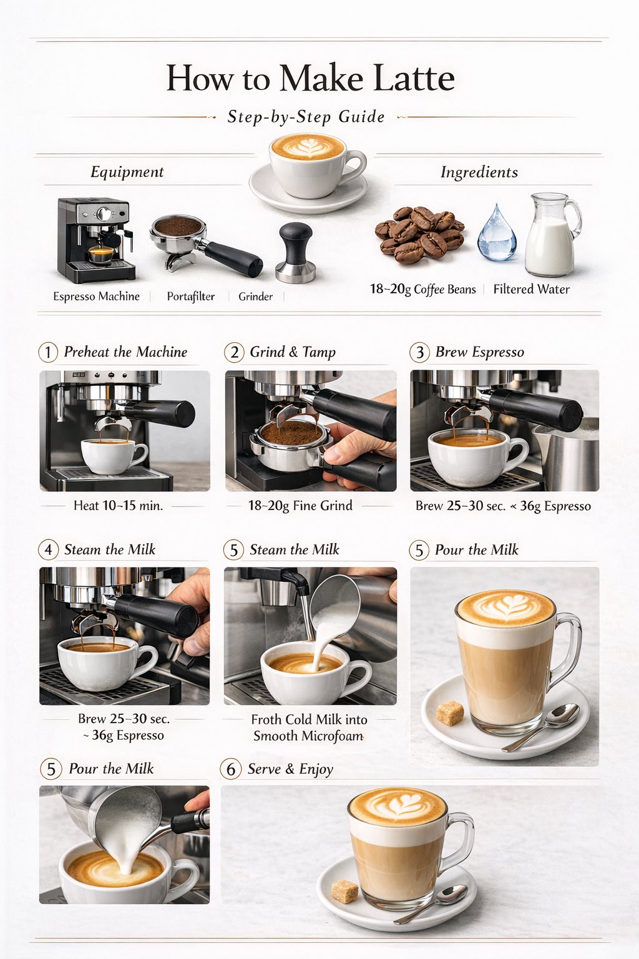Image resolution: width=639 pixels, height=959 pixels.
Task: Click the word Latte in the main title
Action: point(414,78)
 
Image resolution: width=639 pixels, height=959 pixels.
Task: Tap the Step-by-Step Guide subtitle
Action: point(306,117)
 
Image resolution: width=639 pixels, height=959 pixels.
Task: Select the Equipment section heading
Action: point(127,172)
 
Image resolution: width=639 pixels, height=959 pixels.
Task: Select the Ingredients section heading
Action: point(479,172)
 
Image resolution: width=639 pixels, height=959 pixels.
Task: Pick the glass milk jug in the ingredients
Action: point(552,235)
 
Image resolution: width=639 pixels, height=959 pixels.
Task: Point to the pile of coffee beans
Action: point(419,234)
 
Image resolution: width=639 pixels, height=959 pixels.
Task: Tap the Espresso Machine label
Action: point(96,297)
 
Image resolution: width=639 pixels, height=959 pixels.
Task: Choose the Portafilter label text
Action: point(191,297)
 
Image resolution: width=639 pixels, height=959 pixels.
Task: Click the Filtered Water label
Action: point(532,290)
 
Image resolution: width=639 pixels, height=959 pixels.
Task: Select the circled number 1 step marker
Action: point(48,353)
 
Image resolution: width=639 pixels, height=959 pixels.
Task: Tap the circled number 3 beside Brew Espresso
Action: point(419,353)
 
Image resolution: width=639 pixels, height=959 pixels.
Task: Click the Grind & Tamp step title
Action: point(293,352)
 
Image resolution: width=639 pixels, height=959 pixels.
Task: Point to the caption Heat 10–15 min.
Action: point(118,506)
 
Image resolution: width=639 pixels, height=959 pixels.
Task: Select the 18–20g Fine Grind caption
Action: point(300,506)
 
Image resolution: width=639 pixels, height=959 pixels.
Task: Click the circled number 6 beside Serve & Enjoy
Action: point(231,769)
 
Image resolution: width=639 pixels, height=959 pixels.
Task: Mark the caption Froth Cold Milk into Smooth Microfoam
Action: point(309,727)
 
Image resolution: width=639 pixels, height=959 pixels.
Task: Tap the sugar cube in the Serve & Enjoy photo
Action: point(345,891)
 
